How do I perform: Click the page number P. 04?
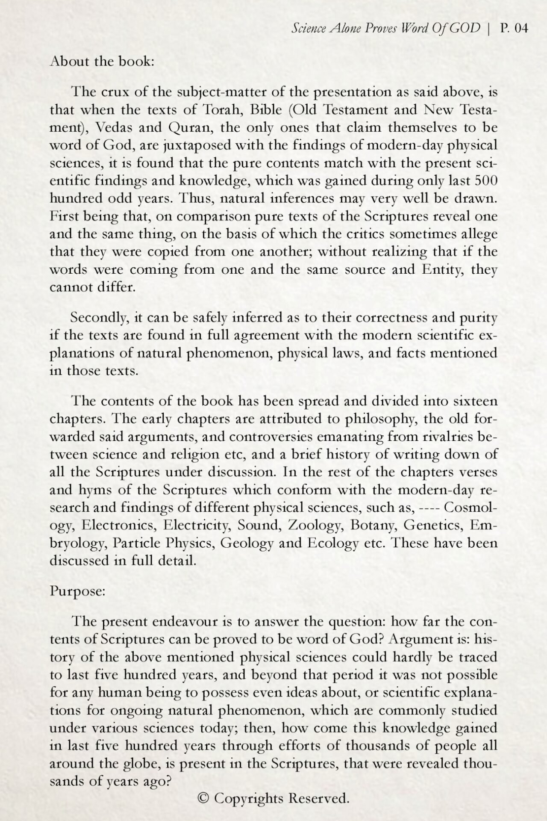(x=515, y=29)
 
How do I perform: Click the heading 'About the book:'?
(x=102, y=61)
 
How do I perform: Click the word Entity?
(x=442, y=269)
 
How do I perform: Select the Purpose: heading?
(x=77, y=591)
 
